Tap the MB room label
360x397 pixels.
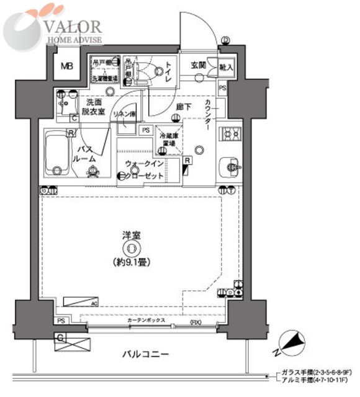66,69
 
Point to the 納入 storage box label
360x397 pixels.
226,66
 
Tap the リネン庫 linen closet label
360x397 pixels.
126,114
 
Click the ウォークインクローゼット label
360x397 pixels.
144,169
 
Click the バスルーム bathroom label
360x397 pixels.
86,154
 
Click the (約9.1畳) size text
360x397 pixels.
130,262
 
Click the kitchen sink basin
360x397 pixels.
232,166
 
